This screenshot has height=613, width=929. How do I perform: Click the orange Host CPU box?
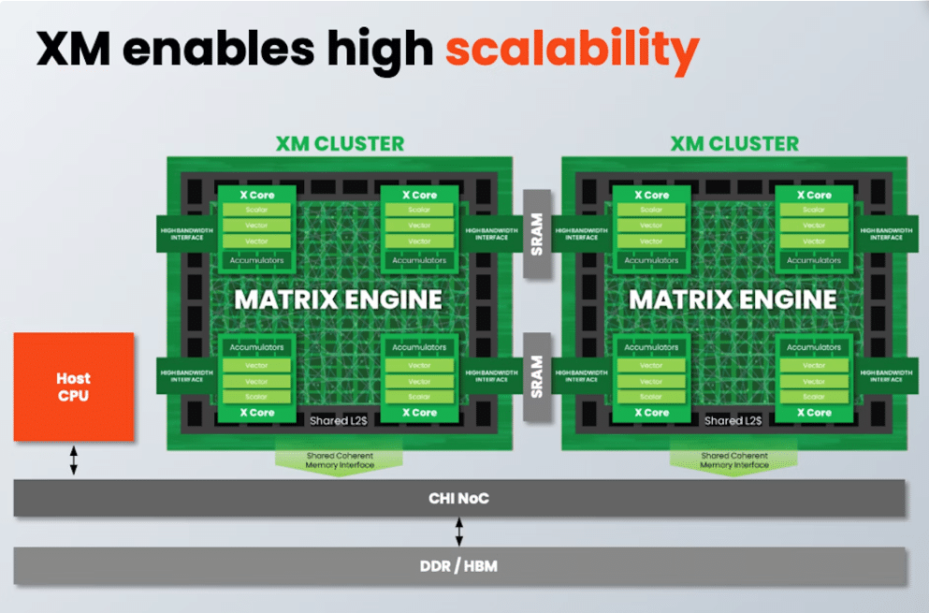click(74, 386)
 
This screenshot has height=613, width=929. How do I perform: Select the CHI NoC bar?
click(459, 499)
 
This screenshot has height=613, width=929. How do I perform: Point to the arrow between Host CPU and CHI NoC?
click(74, 460)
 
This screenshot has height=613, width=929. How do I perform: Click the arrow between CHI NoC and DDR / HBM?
click(458, 532)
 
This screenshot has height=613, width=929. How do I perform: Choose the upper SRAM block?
click(537, 234)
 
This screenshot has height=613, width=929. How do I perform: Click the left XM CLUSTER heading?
click(340, 144)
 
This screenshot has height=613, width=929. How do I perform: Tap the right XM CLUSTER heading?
click(734, 144)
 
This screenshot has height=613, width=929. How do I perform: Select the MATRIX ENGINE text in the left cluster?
click(338, 299)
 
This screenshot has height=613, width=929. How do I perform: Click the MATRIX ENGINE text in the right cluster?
click(733, 299)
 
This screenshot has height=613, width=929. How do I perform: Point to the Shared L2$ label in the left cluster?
click(338, 421)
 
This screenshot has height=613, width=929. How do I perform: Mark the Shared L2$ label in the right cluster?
click(733, 421)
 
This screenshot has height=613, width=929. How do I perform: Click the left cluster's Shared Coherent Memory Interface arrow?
click(340, 460)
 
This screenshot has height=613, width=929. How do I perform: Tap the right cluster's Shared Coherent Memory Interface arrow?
click(734, 460)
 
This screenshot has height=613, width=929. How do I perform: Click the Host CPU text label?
click(73, 387)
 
